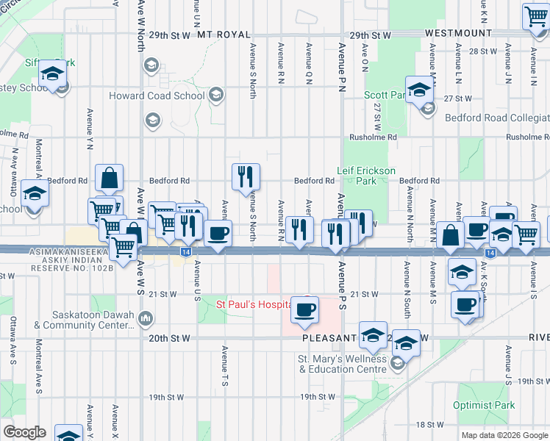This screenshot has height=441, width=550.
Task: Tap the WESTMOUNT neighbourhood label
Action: coord(459,34)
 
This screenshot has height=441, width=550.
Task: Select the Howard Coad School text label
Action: coord(157,96)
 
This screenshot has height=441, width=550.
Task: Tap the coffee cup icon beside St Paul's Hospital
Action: coord(305,309)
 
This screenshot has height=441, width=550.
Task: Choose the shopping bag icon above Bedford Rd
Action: coord(109,179)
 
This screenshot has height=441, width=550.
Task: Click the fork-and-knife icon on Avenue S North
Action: coord(246,176)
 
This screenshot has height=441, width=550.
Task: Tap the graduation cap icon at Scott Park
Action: coord(419,90)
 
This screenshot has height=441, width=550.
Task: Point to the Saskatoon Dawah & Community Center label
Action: coord(87,319)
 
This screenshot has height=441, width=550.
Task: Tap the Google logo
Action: coord(24,432)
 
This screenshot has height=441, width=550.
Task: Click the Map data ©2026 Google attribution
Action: coord(504,435)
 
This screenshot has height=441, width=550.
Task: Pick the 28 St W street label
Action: coord(484,51)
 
